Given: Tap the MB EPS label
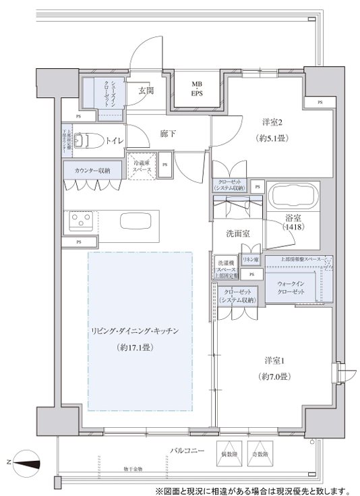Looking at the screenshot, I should point(196,89).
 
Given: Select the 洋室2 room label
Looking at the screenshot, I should point(272,122).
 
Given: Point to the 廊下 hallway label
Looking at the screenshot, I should point(168,134).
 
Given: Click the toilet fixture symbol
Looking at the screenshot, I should point(84,140).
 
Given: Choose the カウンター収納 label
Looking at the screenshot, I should point(93,171).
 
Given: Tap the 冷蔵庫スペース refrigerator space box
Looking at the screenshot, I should point(142,167).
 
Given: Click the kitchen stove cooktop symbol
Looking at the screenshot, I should point(82,221).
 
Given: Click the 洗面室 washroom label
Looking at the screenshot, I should point(238,233).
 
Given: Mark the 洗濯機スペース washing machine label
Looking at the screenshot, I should point(225,268).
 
